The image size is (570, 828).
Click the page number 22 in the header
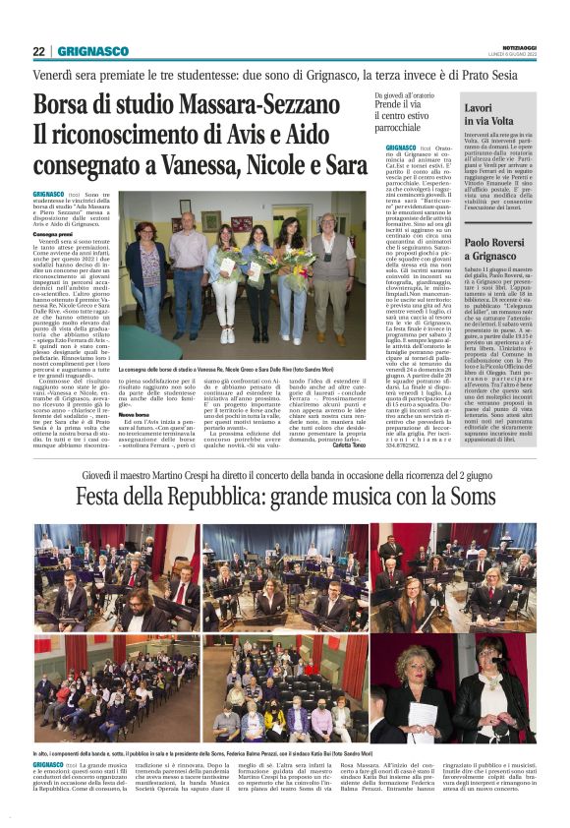point(38,51)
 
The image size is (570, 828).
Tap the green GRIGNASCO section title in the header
point(92,51)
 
